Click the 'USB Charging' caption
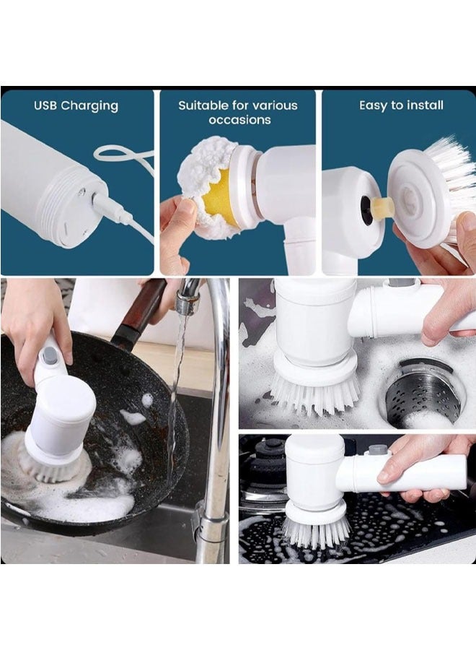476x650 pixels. [x=76, y=105]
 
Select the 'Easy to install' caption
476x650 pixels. [x=401, y=105]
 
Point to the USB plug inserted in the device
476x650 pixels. [x=108, y=209]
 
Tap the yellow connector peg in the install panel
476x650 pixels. [x=382, y=208]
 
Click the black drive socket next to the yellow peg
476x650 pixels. [x=365, y=211]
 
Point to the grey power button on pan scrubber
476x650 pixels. [x=50, y=355]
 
